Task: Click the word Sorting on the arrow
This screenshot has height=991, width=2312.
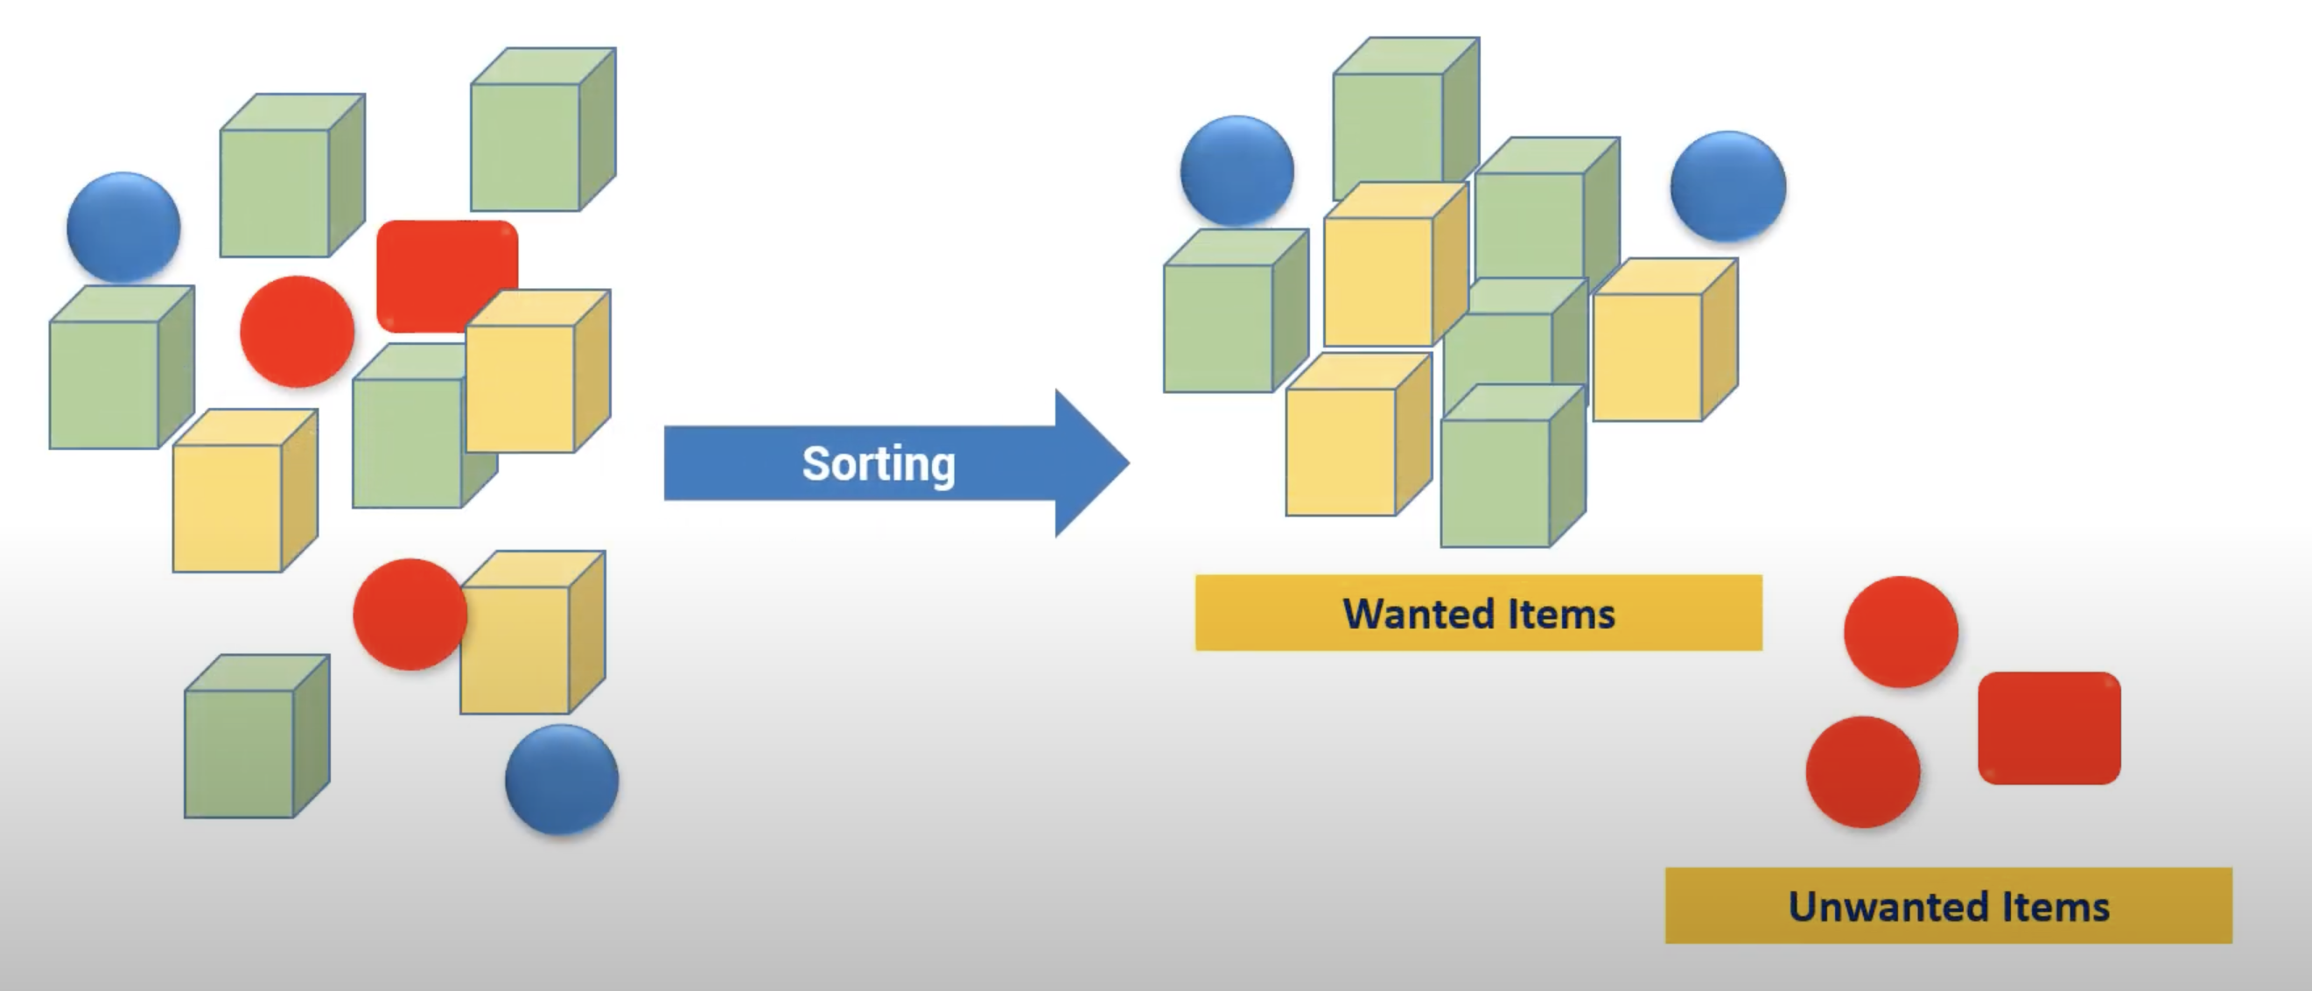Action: (878, 463)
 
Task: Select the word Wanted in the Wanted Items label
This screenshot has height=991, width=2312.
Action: (1418, 614)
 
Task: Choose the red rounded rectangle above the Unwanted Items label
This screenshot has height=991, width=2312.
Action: (2049, 728)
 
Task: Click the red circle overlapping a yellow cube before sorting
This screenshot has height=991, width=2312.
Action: (409, 615)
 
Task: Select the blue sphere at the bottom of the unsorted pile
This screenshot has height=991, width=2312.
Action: (562, 779)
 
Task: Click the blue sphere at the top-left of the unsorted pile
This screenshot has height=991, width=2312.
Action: (123, 226)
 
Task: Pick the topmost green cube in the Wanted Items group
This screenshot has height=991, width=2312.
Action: (1396, 116)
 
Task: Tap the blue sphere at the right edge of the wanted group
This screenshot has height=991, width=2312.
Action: (1727, 186)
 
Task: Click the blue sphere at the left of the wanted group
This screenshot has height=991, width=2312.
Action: (1237, 170)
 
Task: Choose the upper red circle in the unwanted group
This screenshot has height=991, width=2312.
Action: (1901, 632)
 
